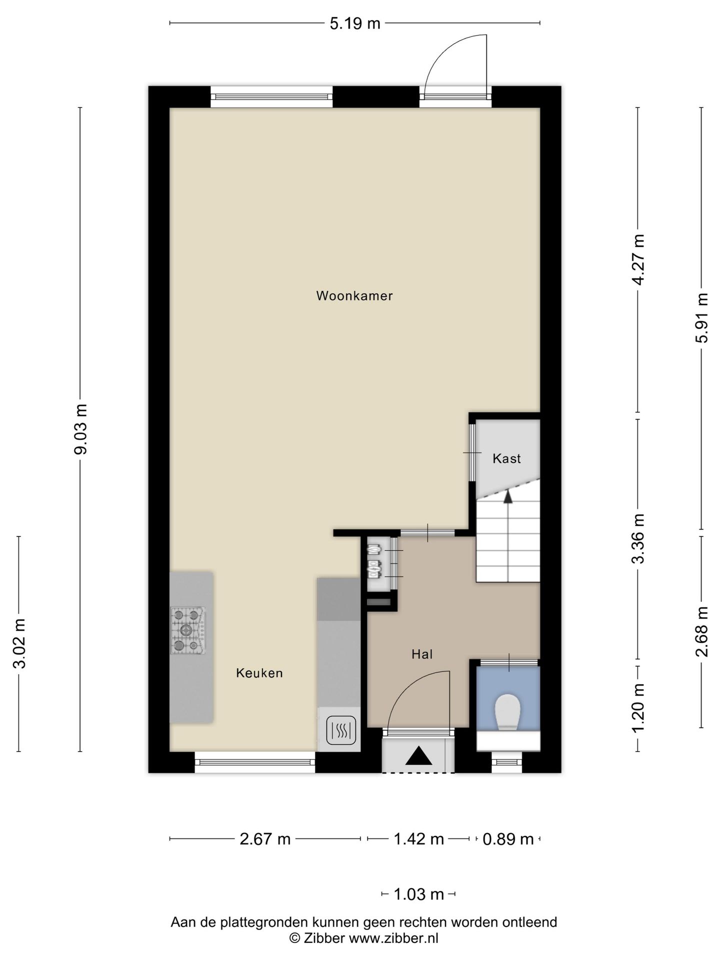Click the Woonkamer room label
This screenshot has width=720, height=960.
click(x=354, y=295)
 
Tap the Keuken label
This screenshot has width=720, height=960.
click(x=259, y=673)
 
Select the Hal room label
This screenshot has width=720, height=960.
click(x=422, y=654)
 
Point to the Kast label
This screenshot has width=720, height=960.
click(x=506, y=458)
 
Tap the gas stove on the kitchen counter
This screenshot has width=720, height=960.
click(x=187, y=631)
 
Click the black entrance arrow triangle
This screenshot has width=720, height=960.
click(x=418, y=755)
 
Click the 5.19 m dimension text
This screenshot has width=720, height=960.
click(x=355, y=23)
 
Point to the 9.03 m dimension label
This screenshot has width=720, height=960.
click(x=81, y=429)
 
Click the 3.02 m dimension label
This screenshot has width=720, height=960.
click(x=19, y=643)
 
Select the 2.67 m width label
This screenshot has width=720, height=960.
click(x=265, y=838)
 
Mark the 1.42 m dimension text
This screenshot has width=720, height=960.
click(x=419, y=838)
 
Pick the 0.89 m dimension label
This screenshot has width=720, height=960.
click(x=508, y=838)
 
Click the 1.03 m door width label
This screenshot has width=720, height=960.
click(x=419, y=893)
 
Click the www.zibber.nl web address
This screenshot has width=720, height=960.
click(x=393, y=938)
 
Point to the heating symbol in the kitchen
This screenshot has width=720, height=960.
click(x=341, y=730)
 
